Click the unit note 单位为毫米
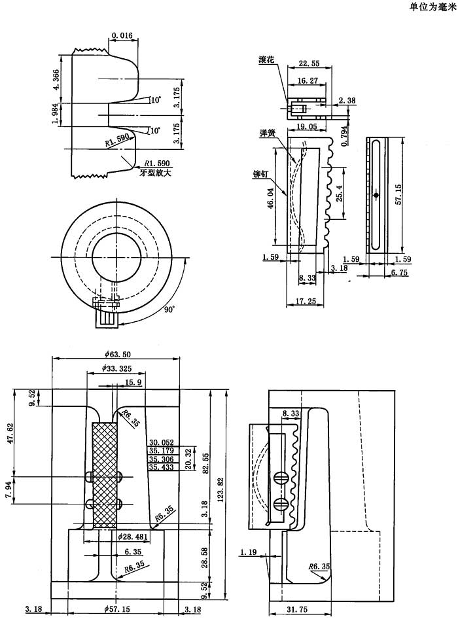point(432,7)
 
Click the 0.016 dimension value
point(122,35)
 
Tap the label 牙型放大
point(154,173)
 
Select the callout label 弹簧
point(267,132)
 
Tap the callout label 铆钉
point(261,175)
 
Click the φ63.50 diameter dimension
point(116,354)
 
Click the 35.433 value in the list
point(161,467)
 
